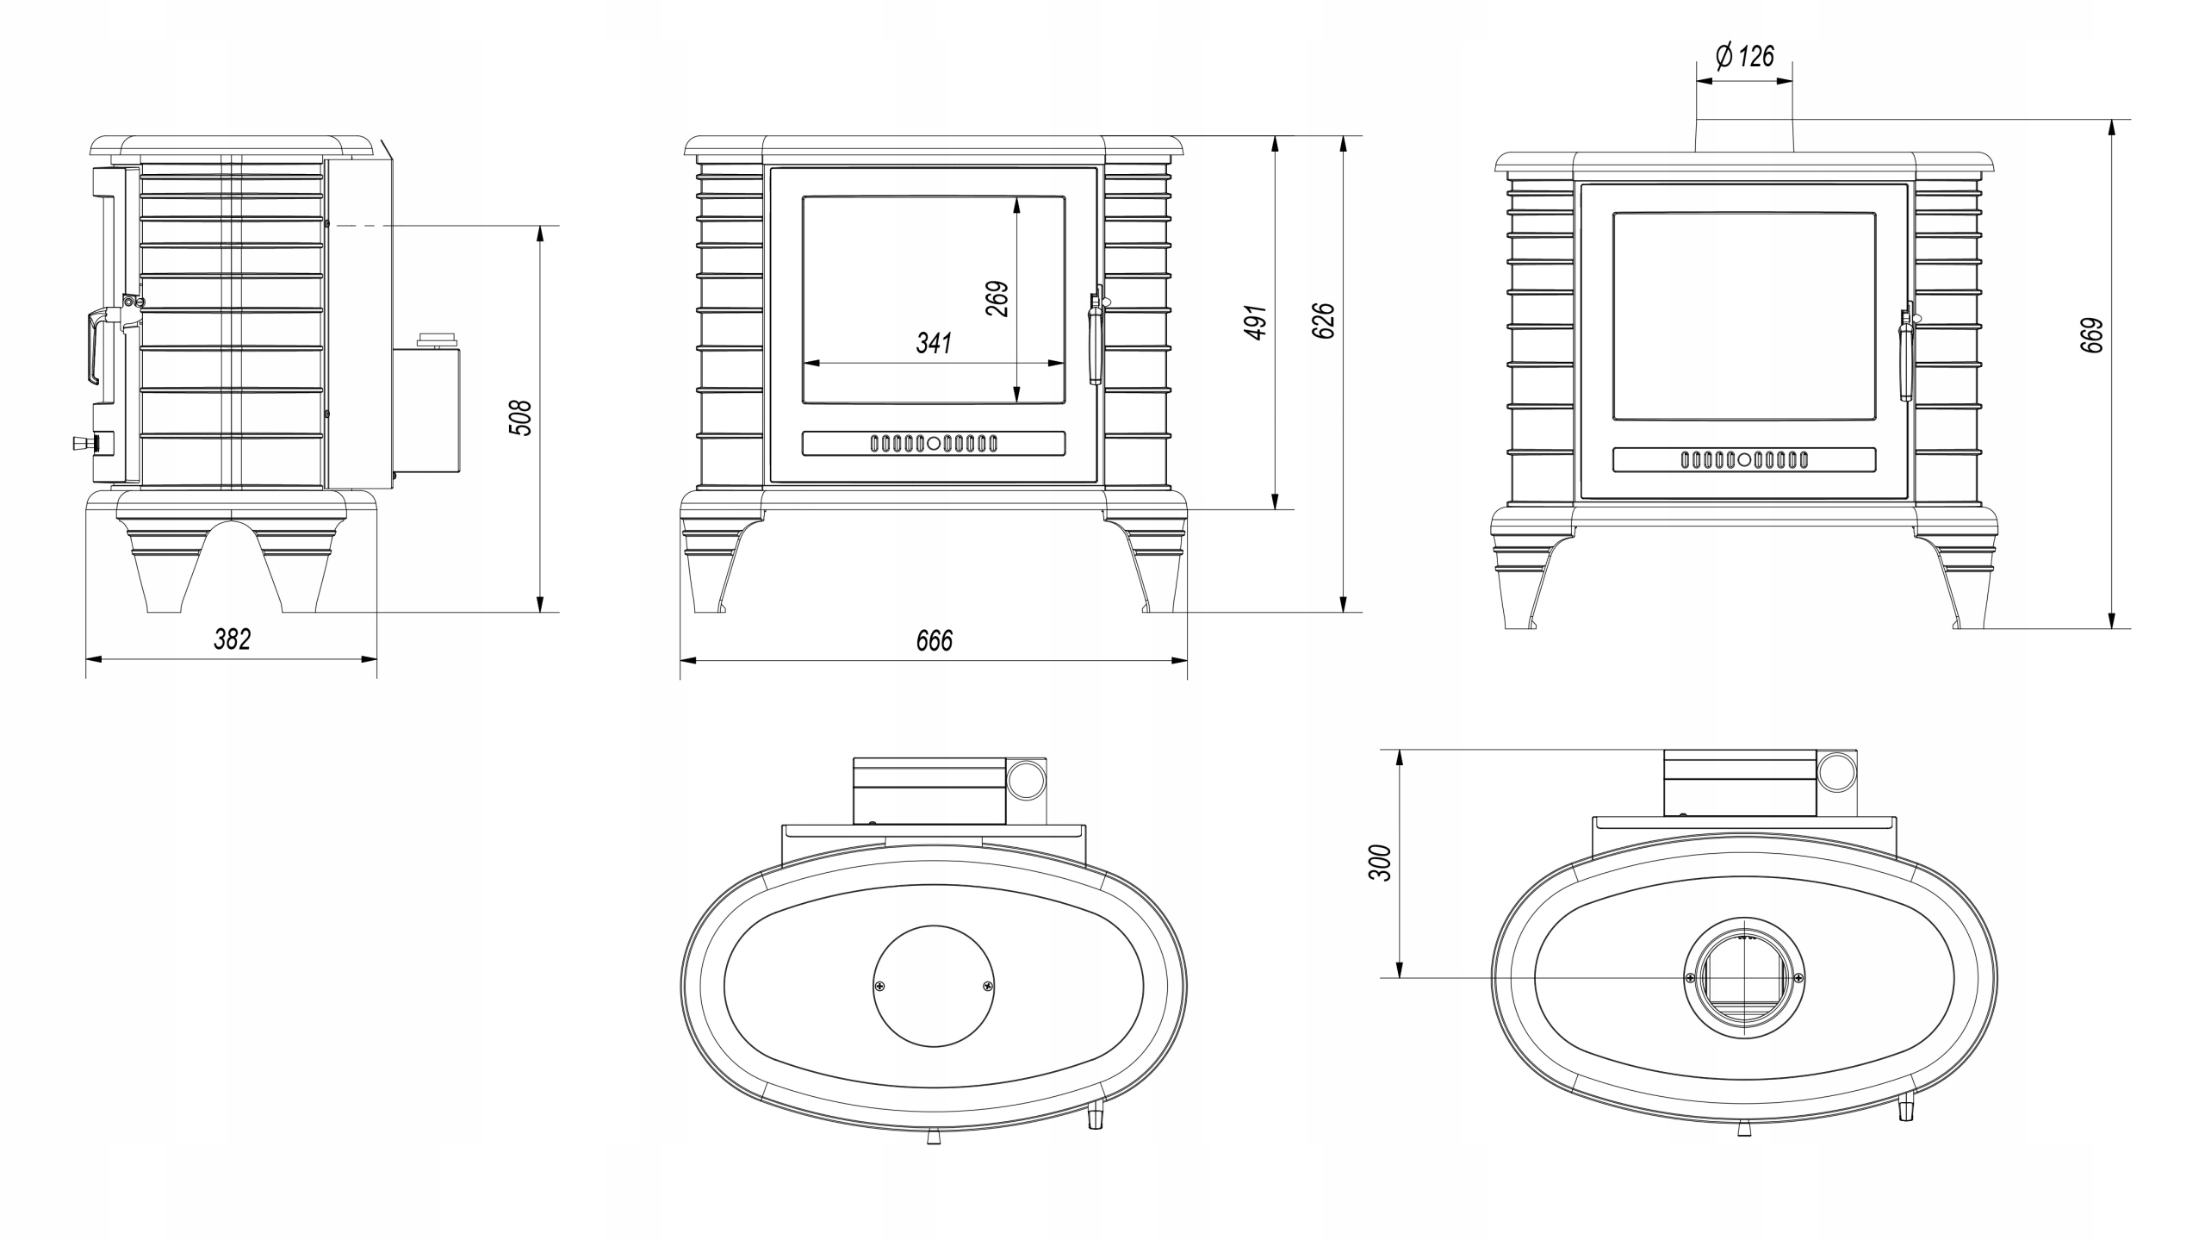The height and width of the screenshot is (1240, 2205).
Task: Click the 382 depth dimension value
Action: pyautogui.click(x=232, y=639)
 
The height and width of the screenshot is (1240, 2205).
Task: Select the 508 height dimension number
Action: pyautogui.click(x=522, y=418)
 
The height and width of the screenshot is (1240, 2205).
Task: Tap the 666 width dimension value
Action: pyautogui.click(x=935, y=641)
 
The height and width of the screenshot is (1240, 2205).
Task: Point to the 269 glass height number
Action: pyautogui.click(x=997, y=299)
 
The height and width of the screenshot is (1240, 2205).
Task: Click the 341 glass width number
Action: pyautogui.click(x=934, y=343)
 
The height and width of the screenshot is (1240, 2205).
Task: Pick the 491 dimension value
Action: pyautogui.click(x=1258, y=322)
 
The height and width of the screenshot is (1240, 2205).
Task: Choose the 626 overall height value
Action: pyautogui.click(x=1325, y=321)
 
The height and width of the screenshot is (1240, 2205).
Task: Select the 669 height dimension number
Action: pyautogui.click(x=2092, y=335)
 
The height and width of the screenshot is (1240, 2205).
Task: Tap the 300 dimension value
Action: pyautogui.click(x=1380, y=863)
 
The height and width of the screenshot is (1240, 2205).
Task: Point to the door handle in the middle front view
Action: pyautogui.click(x=1096, y=337)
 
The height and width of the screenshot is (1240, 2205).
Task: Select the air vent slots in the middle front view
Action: pyautogui.click(x=934, y=444)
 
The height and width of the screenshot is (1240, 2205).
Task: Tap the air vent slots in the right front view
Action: pyautogui.click(x=1744, y=460)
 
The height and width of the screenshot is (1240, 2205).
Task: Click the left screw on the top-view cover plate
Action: pyautogui.click(x=879, y=986)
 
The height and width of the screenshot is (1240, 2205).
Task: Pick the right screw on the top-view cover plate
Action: pyautogui.click(x=988, y=986)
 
